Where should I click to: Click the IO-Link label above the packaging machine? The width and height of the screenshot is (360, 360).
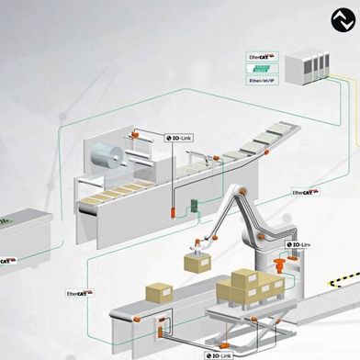[180, 138]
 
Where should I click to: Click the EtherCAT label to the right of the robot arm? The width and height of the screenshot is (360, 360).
[305, 193]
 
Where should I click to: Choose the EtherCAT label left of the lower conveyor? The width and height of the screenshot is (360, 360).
[78, 293]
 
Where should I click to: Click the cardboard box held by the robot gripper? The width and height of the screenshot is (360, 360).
[195, 262]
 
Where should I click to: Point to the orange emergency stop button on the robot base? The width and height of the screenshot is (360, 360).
[276, 267]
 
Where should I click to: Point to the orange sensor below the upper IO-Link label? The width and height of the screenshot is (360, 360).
[174, 208]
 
